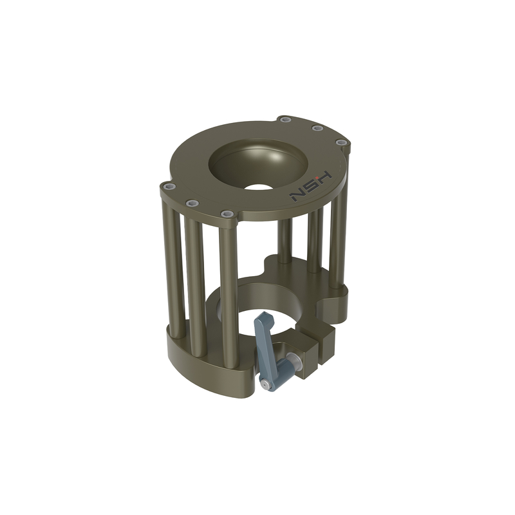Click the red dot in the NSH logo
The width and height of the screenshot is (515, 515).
[x=317, y=178]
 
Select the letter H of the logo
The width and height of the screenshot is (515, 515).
[x=323, y=178]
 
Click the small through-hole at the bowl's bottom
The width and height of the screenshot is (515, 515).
[x=259, y=187]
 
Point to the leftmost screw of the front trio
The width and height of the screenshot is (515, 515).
[x=169, y=187]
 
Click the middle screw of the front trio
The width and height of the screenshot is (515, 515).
[x=191, y=203]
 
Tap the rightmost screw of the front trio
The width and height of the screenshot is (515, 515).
[x=226, y=214]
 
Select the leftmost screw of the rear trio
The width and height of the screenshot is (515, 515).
[x=285, y=120]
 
